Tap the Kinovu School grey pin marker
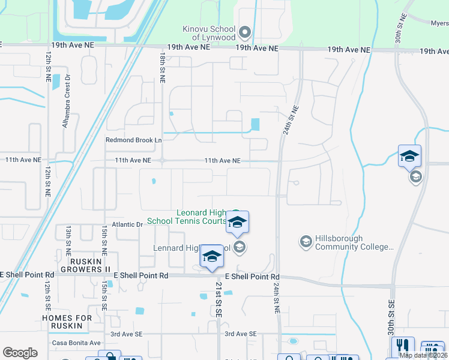244,31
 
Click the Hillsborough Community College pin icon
306,241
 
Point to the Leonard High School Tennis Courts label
201,217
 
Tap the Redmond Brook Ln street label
134,140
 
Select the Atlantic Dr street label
131,224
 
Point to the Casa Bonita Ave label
76,343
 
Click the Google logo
20,353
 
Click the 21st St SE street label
218,300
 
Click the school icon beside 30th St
409,156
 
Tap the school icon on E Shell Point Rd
211,256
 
